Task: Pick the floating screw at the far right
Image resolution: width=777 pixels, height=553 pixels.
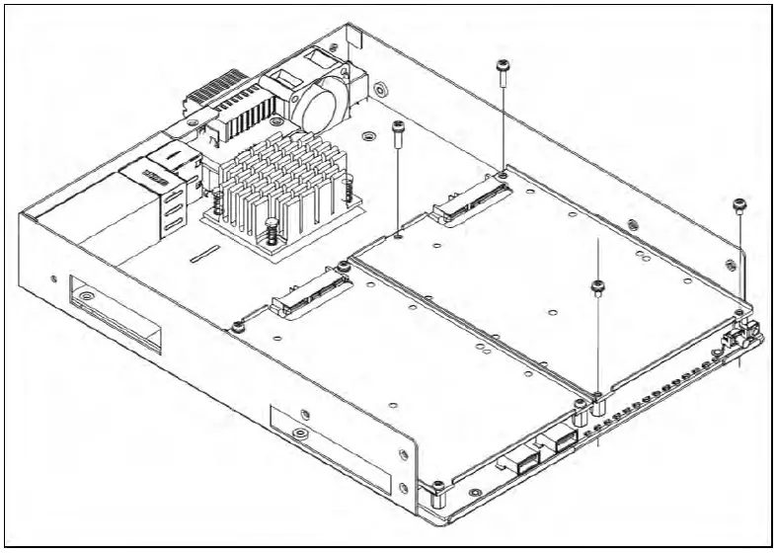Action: (x=739, y=204)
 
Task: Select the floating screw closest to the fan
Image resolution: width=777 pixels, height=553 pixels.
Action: (x=398, y=127)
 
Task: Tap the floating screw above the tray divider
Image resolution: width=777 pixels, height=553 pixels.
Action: (x=596, y=288)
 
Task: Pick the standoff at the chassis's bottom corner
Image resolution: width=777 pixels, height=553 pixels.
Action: (x=435, y=490)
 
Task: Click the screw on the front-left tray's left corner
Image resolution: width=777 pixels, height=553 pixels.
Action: (x=237, y=327)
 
